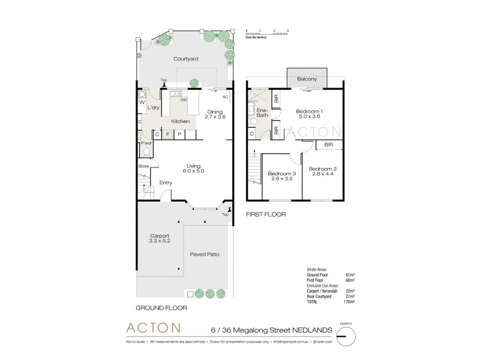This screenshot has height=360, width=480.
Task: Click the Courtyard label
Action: tap(186, 59)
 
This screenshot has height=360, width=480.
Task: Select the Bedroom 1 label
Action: tap(310, 111)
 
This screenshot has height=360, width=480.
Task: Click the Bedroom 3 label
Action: tap(280, 173)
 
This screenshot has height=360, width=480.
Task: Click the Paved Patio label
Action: tap(204, 254)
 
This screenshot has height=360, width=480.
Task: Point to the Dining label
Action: tap(214, 112)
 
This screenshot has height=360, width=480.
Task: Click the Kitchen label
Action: tap(181, 122)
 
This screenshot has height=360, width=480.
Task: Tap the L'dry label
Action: tap(154, 107)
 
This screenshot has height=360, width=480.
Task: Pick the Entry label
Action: tap(166, 183)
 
